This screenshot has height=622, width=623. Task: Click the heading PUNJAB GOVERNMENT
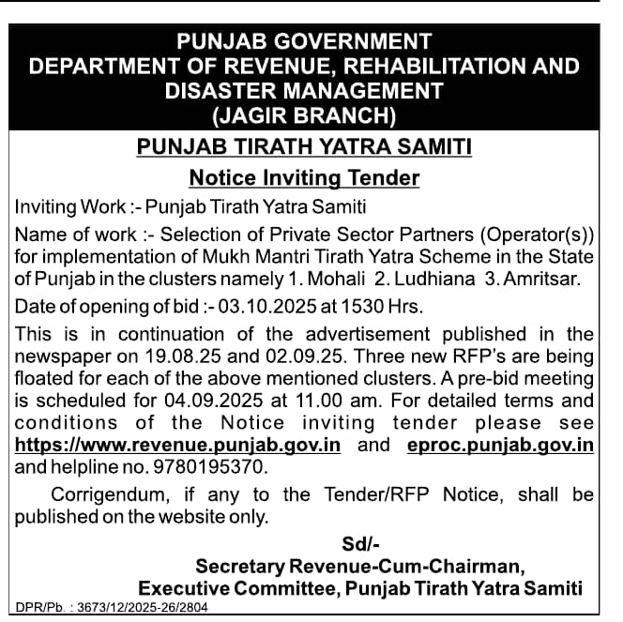coord(304,41)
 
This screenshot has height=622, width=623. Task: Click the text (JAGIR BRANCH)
coord(304,115)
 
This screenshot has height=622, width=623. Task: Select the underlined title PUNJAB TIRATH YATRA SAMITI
coord(304,147)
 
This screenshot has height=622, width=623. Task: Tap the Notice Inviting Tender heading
coord(304,177)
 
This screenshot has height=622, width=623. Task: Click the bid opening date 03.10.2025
coord(248,306)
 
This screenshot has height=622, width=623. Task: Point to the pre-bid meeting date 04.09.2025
coord(214,401)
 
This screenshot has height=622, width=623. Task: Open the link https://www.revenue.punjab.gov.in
coord(177,445)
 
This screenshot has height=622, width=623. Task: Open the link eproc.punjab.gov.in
coord(500,445)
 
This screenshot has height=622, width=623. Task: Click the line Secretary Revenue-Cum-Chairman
coord(357,566)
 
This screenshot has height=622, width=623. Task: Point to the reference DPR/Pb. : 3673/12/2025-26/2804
coord(113,608)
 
